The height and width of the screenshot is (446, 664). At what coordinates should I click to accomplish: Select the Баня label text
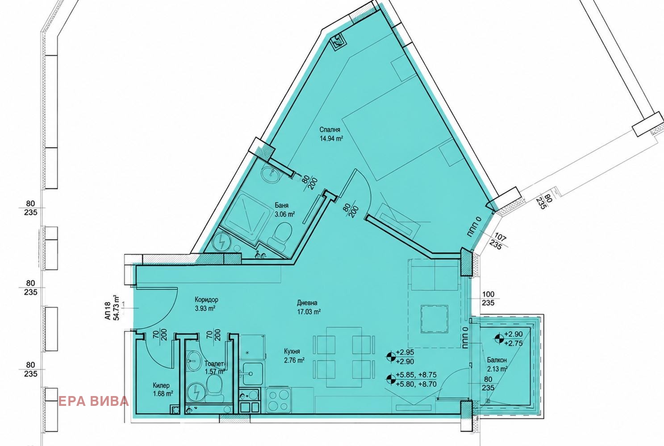[281, 206]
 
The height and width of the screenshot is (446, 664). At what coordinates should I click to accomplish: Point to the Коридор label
[207, 299]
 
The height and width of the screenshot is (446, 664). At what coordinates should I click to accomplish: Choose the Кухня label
[292, 351]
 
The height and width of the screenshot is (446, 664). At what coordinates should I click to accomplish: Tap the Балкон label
[497, 360]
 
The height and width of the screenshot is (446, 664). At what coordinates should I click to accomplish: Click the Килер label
[161, 385]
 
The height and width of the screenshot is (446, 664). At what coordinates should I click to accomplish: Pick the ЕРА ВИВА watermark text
[93, 401]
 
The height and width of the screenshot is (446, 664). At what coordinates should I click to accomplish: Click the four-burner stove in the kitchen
[278, 400]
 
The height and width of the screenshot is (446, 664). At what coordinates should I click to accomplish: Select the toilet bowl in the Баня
[281, 233]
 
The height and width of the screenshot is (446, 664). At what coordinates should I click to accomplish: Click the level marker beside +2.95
[391, 357]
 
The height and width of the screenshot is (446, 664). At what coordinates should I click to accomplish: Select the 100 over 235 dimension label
[488, 298]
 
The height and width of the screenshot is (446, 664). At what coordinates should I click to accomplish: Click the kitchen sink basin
[253, 373]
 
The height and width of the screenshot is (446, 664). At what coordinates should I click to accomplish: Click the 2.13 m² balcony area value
[497, 369]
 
